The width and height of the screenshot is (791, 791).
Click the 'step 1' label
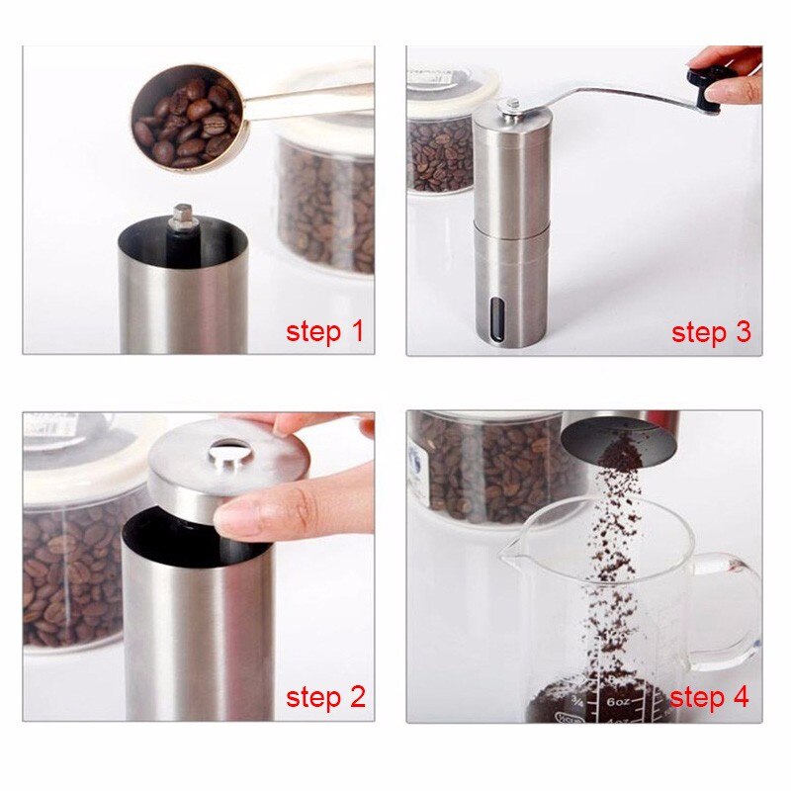coord(324,331)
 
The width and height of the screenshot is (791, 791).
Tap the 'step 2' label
coord(325,697)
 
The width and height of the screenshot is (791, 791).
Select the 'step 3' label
coord(711,332)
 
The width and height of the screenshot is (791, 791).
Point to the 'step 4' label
coord(709,698)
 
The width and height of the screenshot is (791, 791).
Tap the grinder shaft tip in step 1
coord(182,217)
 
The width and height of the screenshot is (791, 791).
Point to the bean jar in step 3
coord(439,148)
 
